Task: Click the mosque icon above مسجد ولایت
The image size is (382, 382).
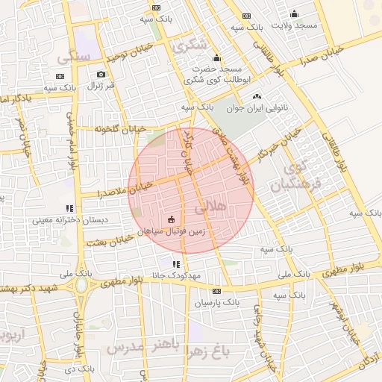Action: tap(294, 13)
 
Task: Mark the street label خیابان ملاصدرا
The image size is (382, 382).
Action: tap(125, 190)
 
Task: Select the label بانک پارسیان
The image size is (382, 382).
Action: tap(216, 303)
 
